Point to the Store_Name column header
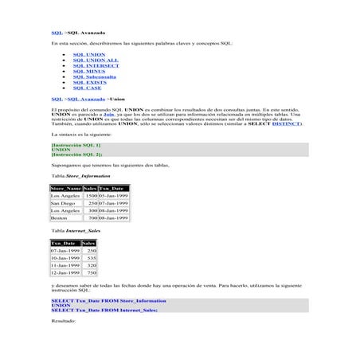66,188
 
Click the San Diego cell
63,202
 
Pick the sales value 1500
92,195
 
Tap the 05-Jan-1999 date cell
114,195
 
